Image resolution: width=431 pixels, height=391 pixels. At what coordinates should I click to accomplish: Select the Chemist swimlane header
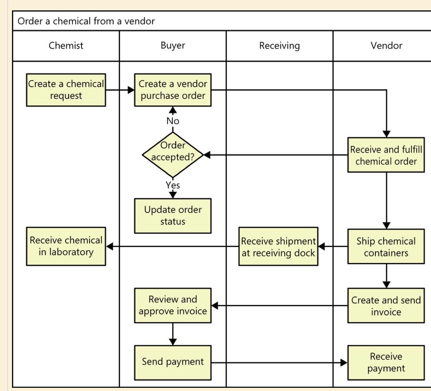(66, 46)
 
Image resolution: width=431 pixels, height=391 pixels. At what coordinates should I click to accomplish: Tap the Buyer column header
(173, 46)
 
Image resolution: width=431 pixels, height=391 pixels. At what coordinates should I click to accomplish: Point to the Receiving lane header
(279, 46)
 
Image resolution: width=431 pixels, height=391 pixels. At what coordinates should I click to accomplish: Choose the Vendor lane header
(386, 46)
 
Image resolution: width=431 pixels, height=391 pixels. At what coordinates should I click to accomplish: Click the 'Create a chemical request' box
(66, 90)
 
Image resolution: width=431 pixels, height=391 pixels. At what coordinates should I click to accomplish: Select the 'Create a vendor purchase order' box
(173, 90)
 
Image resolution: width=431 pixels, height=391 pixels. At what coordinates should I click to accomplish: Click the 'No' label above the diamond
(173, 121)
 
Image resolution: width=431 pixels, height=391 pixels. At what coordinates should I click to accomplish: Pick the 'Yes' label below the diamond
(173, 185)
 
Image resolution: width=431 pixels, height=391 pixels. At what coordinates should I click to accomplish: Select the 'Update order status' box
(173, 215)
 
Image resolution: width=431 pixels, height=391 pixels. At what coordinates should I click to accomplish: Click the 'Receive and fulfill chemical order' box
(386, 155)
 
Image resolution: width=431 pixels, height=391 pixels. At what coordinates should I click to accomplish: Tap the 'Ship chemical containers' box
(386, 247)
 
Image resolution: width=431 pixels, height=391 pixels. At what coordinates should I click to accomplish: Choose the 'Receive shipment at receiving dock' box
(279, 247)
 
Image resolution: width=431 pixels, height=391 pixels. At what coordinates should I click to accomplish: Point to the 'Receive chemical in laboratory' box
(66, 246)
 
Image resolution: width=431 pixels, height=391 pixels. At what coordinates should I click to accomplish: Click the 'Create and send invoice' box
(386, 306)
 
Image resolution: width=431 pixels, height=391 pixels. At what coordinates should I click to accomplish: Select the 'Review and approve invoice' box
(173, 305)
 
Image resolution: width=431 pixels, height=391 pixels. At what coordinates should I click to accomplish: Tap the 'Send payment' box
(173, 362)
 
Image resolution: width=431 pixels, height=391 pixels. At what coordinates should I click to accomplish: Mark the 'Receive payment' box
(386, 362)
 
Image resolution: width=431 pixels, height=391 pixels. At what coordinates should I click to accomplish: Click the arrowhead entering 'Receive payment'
(344, 363)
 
